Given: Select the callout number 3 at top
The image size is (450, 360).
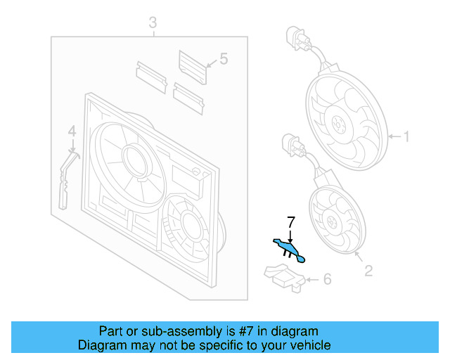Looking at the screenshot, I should pyautogui.click(x=153, y=25).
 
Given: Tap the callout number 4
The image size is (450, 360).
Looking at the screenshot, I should pyautogui.click(x=71, y=131).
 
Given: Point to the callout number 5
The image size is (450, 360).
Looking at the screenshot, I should pyautogui.click(x=224, y=60).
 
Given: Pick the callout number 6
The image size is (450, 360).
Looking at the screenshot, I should pyautogui.click(x=326, y=280).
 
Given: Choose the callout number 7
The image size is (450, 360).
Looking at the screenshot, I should pyautogui.click(x=290, y=223).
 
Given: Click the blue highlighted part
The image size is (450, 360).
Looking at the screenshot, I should pyautogui.click(x=288, y=250).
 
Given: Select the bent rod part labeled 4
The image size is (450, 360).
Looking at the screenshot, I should pyautogui.click(x=65, y=179).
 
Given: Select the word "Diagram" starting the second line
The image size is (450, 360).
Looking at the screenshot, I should pyautogui.click(x=100, y=345).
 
